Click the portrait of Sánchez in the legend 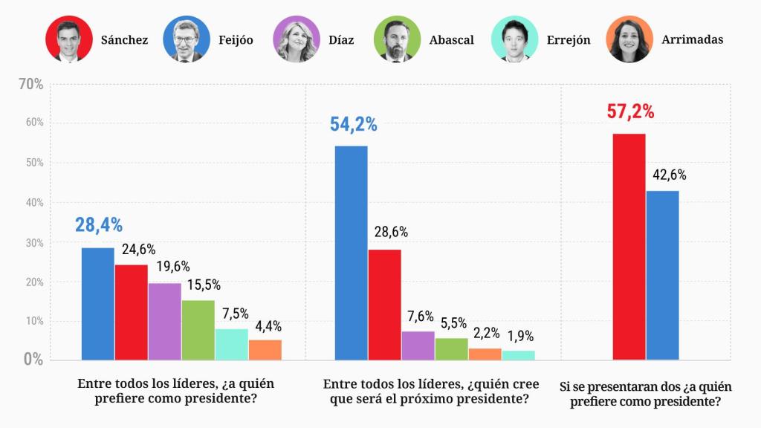point(69,39)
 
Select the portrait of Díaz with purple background point(296,39)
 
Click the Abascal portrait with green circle point(397,39)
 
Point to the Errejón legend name point(568,40)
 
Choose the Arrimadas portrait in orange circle point(629,39)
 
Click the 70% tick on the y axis point(30,85)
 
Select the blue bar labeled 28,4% point(97,304)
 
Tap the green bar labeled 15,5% point(198,330)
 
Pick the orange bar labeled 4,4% point(265,350)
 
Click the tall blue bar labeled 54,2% point(351,253)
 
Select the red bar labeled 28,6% point(384,305)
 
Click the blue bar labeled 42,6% point(662,276)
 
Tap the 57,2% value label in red point(630,112)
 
